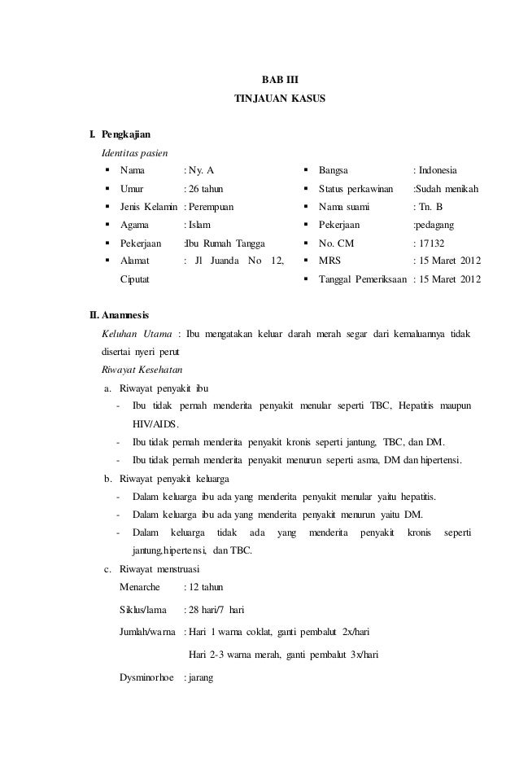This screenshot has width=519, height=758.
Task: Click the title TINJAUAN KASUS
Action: tap(279, 99)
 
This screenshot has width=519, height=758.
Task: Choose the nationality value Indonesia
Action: tap(438, 170)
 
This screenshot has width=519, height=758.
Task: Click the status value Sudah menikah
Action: tap(447, 189)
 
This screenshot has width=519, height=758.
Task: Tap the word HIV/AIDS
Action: tap(156, 423)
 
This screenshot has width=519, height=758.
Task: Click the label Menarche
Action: tap(140, 587)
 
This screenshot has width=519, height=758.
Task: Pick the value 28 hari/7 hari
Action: tap(220, 609)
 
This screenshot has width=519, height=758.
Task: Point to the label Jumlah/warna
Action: tap(149, 631)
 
